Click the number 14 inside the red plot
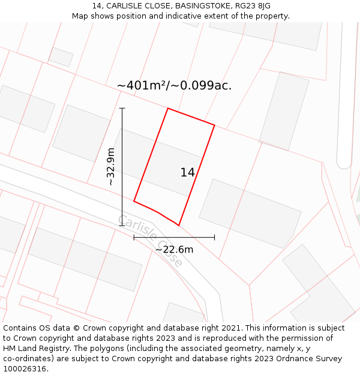click(187, 173)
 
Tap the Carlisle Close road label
click(150, 240)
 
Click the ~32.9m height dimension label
click(111, 166)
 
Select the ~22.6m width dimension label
click(174, 250)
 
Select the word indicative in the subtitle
click(180, 16)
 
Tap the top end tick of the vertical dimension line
click(122, 109)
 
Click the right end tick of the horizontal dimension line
click(214, 238)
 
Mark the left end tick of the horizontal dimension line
click(134, 238)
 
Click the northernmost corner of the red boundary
click(167, 109)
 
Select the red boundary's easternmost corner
click(214, 125)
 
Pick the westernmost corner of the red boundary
click(134, 201)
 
